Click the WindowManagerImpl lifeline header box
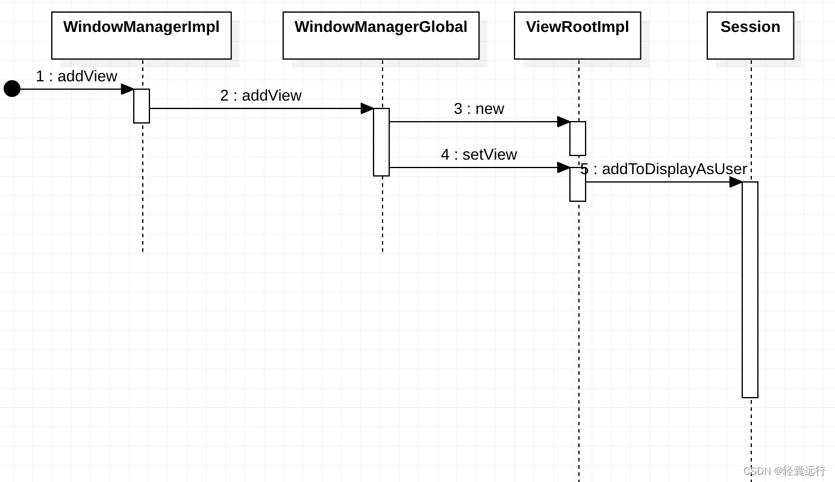point(142,36)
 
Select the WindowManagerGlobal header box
point(381,36)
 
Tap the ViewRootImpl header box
point(577,36)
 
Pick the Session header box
point(750,36)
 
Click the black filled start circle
point(12,89)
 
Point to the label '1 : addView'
point(77,77)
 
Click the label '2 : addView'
point(261,96)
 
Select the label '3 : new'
point(479,109)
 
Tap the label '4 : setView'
point(479,155)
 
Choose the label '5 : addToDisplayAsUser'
point(663,169)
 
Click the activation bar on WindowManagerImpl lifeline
point(142,106)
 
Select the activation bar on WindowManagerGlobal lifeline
point(381,142)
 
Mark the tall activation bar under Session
point(750,289)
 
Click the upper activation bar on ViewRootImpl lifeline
point(578,139)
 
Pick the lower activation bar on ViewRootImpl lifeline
point(578,184)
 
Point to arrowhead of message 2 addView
point(367,108)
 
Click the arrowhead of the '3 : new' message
point(564,122)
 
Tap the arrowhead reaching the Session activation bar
point(736,182)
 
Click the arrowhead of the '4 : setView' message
point(564,167)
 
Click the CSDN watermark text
point(784,471)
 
